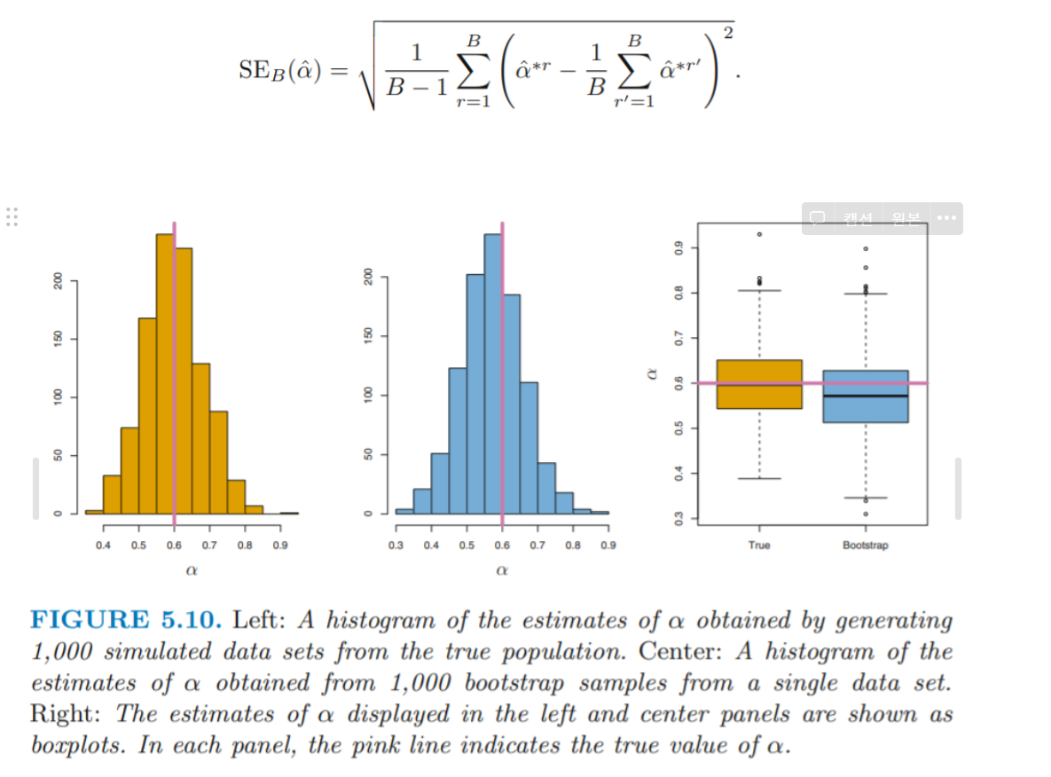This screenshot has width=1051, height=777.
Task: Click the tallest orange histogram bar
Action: tap(165, 373)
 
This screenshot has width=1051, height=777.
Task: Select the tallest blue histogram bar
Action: tap(492, 373)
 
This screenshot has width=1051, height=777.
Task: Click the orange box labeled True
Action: tap(759, 384)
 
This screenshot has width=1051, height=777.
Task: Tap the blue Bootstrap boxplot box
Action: tap(866, 396)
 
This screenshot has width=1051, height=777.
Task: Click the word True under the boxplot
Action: tap(759, 545)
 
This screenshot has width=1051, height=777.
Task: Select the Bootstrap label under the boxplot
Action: tap(866, 545)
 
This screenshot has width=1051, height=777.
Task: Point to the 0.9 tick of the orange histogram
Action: tap(280, 545)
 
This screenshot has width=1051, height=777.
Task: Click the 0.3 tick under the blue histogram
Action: tap(396, 545)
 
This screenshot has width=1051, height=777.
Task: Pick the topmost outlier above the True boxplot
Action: tap(759, 234)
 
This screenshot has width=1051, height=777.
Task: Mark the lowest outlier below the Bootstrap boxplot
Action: tap(866, 514)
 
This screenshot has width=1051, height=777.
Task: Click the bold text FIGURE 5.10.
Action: tap(125, 621)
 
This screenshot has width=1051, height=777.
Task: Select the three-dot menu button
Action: tap(945, 218)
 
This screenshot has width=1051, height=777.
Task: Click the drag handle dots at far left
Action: tap(12, 217)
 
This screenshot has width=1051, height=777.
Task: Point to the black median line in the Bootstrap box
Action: tap(866, 396)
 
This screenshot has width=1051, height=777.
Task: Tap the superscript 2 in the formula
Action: tap(728, 34)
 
